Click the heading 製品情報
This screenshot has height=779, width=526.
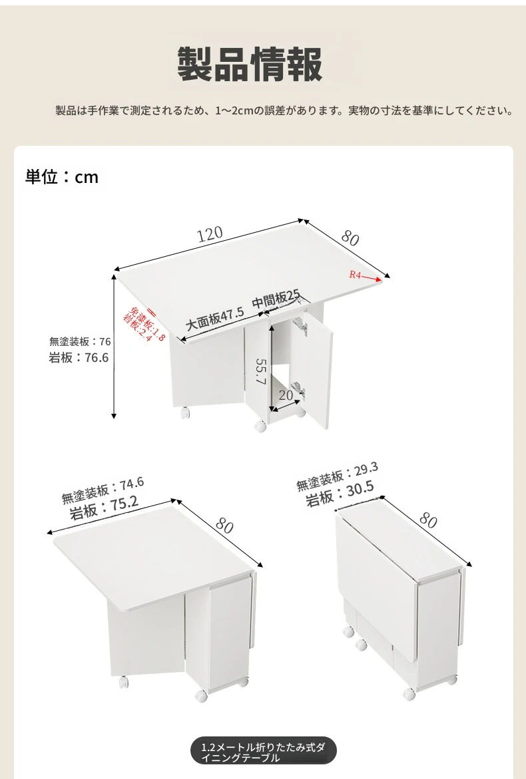coord(250,64)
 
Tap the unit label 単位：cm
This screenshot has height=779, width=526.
coord(62,177)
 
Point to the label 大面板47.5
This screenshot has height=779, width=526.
coord(215,319)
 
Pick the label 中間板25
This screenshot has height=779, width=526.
coord(276,299)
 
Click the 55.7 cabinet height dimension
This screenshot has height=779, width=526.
coord(262,371)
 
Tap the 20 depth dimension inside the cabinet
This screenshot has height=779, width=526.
coord(286,395)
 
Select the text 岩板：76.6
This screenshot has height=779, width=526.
coord(79,357)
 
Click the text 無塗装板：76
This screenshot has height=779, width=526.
coord(80,341)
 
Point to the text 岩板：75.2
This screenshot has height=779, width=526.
coord(104,507)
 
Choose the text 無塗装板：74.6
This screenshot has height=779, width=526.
coord(103,490)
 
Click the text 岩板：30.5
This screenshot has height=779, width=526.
coord(340,494)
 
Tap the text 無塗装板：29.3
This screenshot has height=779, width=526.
coord(337,476)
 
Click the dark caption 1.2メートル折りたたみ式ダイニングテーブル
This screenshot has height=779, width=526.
coord(264,752)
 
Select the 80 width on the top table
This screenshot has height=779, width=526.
coord(350,238)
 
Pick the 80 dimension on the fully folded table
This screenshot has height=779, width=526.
coord(428,520)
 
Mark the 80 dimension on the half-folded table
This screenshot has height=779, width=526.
coord(224,526)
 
